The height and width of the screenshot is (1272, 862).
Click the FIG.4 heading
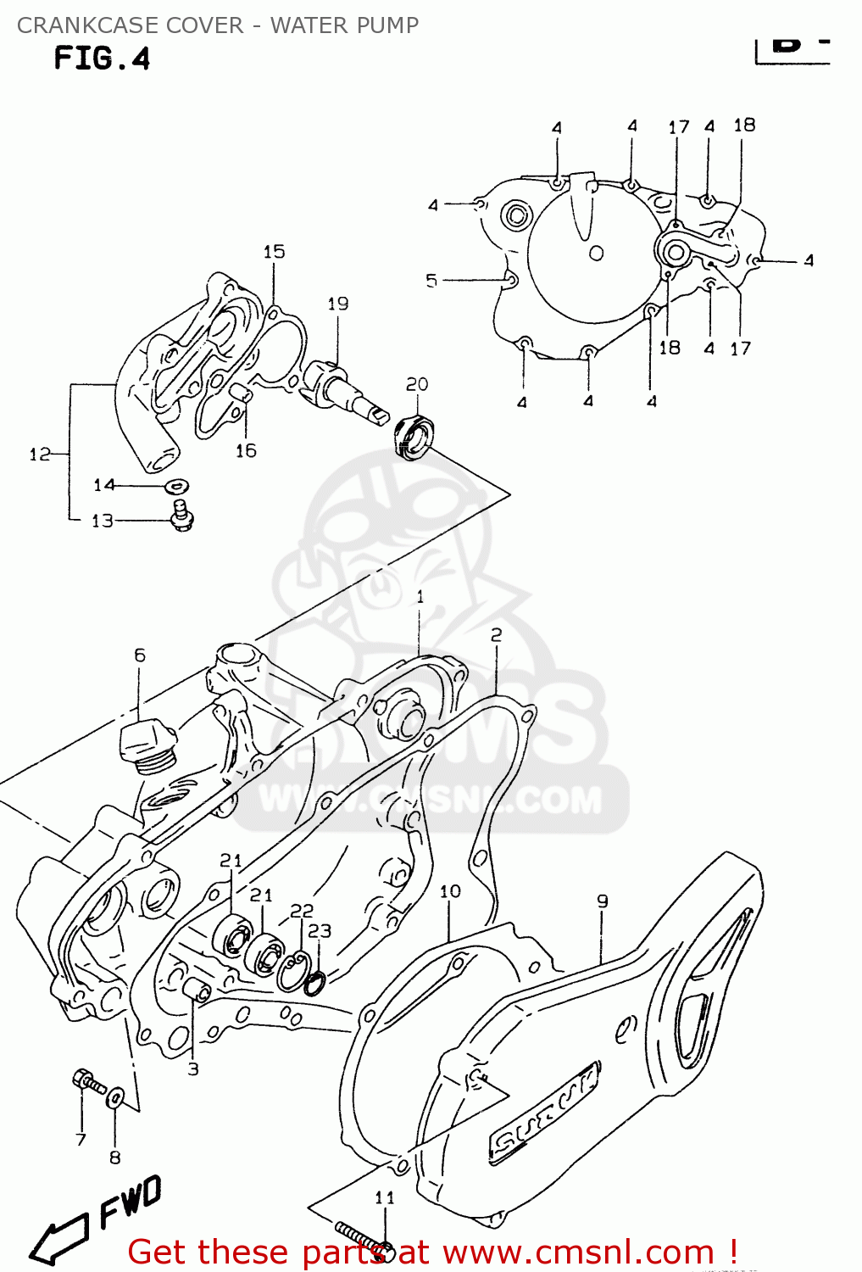(x=102, y=59)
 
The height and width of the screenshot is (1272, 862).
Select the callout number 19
(x=337, y=304)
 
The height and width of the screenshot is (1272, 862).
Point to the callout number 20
(x=416, y=384)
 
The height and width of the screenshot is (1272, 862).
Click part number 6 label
(x=139, y=655)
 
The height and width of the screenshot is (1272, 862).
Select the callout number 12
(x=39, y=455)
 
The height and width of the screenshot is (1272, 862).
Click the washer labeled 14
(x=177, y=486)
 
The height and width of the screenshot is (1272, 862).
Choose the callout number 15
(x=274, y=252)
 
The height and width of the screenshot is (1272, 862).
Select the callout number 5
(x=431, y=280)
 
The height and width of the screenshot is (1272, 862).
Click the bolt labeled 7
(x=87, y=1081)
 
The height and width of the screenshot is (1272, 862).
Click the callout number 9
(x=602, y=901)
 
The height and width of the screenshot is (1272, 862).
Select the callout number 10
(x=450, y=891)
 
